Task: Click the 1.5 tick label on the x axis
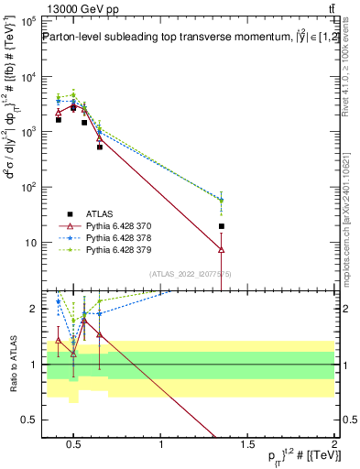(x=248, y=444)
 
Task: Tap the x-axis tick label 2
(x=334, y=444)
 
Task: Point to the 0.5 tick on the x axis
(x=74, y=444)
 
